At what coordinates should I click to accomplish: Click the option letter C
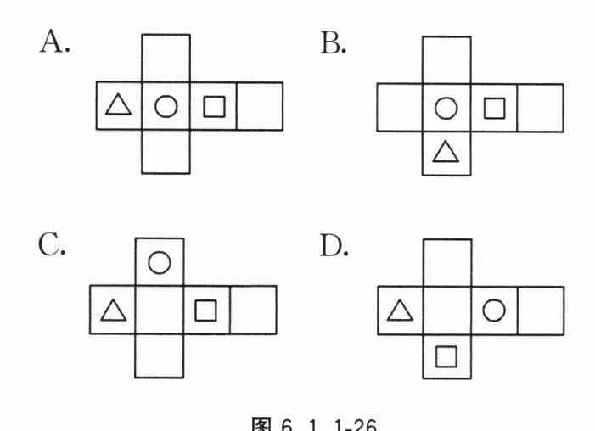(50, 245)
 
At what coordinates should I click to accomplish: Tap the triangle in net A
(118, 106)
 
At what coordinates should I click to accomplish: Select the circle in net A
(166, 107)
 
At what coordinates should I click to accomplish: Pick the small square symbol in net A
(214, 107)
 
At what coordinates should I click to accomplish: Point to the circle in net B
(446, 108)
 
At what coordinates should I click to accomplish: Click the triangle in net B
(446, 152)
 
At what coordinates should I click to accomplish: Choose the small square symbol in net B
(493, 108)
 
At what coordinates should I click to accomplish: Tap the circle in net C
(159, 262)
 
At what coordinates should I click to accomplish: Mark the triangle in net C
(112, 311)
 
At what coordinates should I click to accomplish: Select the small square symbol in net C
(205, 311)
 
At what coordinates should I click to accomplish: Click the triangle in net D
(399, 311)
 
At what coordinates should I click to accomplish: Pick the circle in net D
(494, 311)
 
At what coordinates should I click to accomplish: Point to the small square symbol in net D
(446, 355)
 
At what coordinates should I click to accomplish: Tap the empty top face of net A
(166, 58)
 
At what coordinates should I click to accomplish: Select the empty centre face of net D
(446, 311)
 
